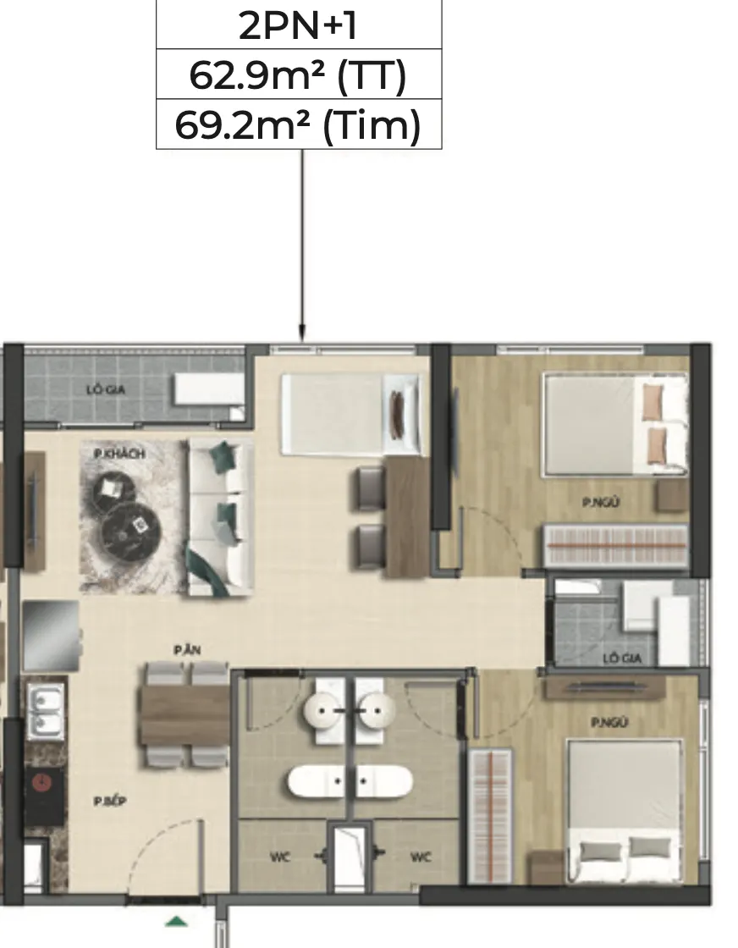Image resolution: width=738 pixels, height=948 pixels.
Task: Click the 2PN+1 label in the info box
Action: click(x=298, y=26)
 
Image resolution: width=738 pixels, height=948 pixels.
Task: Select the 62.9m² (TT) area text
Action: click(x=298, y=75)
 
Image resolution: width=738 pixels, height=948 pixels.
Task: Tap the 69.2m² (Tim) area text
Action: click(x=298, y=125)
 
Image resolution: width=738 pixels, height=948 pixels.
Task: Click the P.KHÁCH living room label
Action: click(x=119, y=454)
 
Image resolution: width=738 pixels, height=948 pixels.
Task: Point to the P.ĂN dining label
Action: click(x=187, y=651)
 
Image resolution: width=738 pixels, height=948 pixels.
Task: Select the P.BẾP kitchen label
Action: click(x=110, y=801)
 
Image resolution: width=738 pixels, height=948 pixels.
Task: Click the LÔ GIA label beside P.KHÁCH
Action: click(x=106, y=390)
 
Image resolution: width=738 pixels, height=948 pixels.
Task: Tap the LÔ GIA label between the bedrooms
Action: click(x=622, y=658)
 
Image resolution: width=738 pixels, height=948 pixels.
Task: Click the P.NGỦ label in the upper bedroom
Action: click(x=601, y=502)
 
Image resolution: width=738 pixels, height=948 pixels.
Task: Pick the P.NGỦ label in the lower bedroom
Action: click(x=609, y=722)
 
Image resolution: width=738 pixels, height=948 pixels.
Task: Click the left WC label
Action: click(x=280, y=857)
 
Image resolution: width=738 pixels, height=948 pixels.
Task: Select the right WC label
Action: click(x=421, y=857)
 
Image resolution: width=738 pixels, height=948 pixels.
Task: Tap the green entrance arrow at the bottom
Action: click(x=176, y=922)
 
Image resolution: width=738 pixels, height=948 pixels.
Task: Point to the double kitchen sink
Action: click(x=46, y=711)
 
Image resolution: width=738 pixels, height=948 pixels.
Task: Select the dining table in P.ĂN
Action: click(x=184, y=714)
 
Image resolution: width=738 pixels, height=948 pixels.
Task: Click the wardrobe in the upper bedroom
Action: click(x=616, y=545)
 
